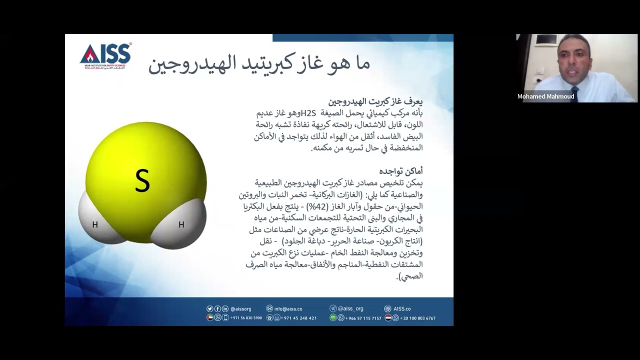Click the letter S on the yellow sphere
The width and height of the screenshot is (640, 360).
[x=142, y=181]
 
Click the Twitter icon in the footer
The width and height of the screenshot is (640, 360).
[x=210, y=309]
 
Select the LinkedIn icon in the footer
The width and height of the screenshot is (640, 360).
[x=225, y=309]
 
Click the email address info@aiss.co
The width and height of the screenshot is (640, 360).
[x=288, y=309]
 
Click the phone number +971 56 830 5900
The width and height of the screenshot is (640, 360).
[x=246, y=318]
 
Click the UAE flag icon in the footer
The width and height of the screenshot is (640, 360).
[x=210, y=317]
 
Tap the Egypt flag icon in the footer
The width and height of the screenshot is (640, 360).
[x=388, y=317]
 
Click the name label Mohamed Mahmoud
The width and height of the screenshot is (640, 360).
[x=545, y=96]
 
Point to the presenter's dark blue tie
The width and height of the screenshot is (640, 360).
[x=574, y=95]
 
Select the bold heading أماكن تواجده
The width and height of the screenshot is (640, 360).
[x=408, y=171]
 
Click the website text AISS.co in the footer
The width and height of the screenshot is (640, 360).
[x=402, y=309]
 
